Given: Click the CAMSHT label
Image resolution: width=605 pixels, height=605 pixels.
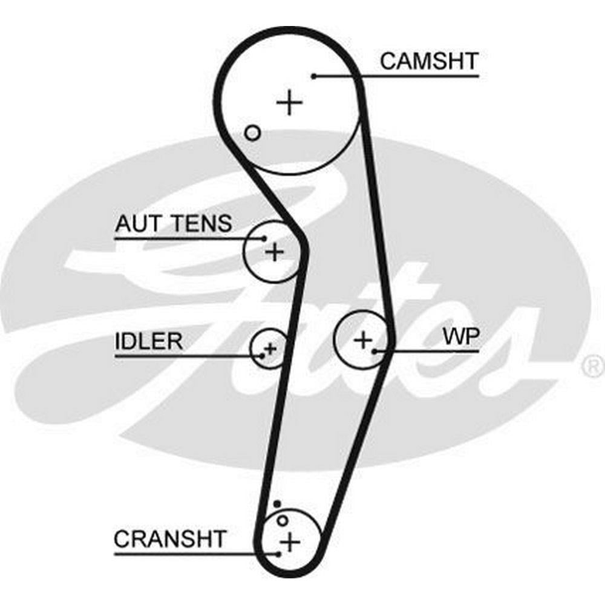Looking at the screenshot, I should (x=429, y=60).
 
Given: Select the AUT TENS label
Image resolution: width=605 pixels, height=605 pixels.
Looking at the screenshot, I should (x=173, y=223).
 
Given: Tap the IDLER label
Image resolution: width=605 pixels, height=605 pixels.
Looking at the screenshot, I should (x=148, y=341).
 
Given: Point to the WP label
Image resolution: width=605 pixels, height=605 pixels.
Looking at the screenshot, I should (x=461, y=336).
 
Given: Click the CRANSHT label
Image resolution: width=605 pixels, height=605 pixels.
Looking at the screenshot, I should (x=170, y=538).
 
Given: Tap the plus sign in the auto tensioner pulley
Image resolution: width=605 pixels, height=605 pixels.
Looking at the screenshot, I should (x=275, y=251).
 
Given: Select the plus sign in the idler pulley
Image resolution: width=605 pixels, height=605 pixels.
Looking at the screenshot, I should (x=270, y=348).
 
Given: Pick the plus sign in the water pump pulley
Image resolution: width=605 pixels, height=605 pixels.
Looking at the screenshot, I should (x=363, y=340).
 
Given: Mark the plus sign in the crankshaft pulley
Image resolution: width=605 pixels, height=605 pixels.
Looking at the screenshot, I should (x=291, y=541).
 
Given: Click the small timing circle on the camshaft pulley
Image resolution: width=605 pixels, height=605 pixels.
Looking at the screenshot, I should (x=253, y=132).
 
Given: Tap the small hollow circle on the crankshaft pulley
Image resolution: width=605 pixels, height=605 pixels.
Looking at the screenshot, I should (x=282, y=520).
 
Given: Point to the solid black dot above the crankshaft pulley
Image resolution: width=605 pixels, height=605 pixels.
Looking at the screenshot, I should (x=276, y=503).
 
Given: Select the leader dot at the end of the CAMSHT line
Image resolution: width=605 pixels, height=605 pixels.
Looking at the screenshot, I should (x=314, y=76).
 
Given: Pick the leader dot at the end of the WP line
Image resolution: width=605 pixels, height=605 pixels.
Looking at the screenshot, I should (x=375, y=350).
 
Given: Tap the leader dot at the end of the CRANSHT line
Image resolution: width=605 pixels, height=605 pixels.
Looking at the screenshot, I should (x=278, y=553).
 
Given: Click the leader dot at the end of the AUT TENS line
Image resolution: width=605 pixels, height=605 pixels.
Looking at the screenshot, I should (x=264, y=238).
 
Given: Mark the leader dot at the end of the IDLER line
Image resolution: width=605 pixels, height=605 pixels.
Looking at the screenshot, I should (x=261, y=355).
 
